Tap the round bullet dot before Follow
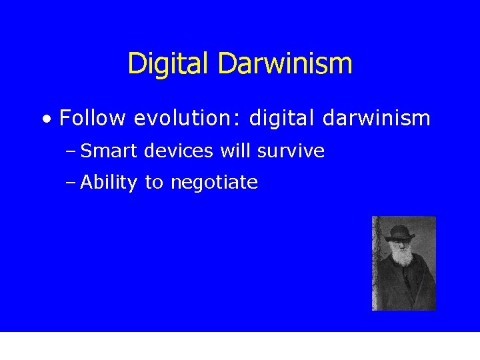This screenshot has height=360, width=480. (45, 120)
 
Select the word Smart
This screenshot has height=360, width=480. (108, 151)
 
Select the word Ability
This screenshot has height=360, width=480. (109, 183)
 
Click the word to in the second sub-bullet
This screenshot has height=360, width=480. (153, 183)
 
